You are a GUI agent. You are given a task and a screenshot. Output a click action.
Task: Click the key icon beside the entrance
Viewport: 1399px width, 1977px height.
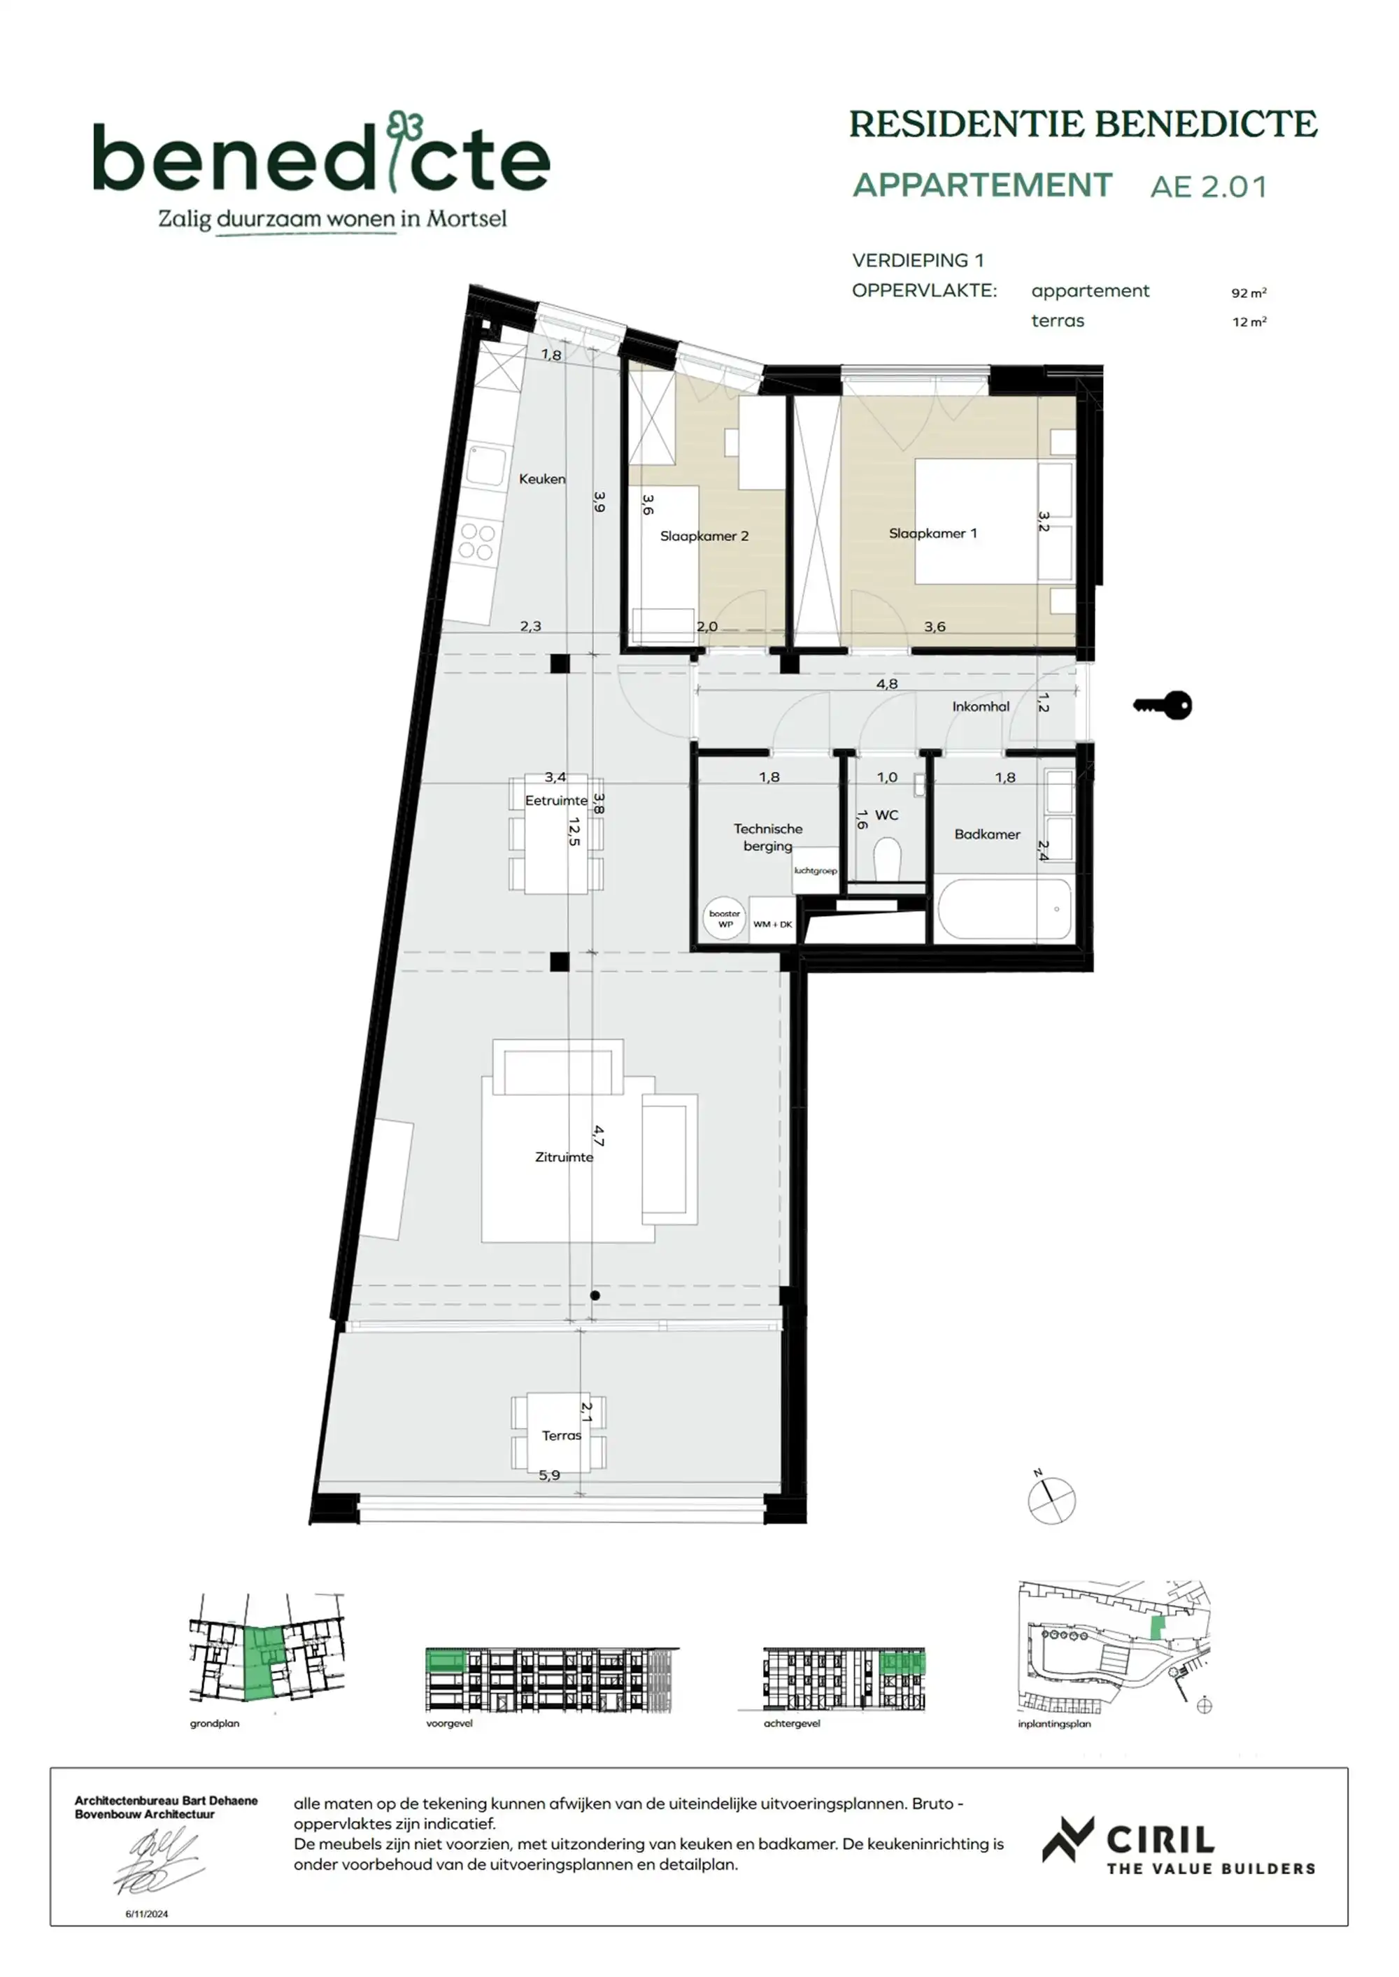1163,706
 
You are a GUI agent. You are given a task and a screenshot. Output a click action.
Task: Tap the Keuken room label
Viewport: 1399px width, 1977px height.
542,479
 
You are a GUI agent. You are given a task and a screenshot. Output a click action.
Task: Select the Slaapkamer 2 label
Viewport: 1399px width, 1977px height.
704,536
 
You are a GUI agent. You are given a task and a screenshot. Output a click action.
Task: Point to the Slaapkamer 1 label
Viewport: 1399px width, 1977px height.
933,533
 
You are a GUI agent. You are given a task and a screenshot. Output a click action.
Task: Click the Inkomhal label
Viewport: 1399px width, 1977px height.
980,706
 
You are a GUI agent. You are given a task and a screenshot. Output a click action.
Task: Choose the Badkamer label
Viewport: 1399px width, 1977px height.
987,834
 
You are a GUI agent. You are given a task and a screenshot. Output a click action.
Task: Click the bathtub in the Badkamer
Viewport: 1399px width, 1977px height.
1004,908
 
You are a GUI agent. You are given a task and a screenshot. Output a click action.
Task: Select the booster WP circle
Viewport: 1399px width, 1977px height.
725,919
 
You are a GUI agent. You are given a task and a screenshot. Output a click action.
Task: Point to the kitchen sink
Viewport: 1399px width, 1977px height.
485,466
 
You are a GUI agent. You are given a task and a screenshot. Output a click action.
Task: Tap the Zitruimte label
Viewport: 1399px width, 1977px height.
564,1157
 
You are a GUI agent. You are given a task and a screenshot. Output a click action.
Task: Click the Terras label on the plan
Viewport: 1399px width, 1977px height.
562,1436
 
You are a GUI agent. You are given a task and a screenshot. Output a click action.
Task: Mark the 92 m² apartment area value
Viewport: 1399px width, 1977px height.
1248,293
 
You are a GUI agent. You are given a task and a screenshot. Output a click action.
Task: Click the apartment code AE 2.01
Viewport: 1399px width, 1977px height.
1209,187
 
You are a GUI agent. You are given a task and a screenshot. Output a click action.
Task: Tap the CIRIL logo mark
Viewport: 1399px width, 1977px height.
1067,1839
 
